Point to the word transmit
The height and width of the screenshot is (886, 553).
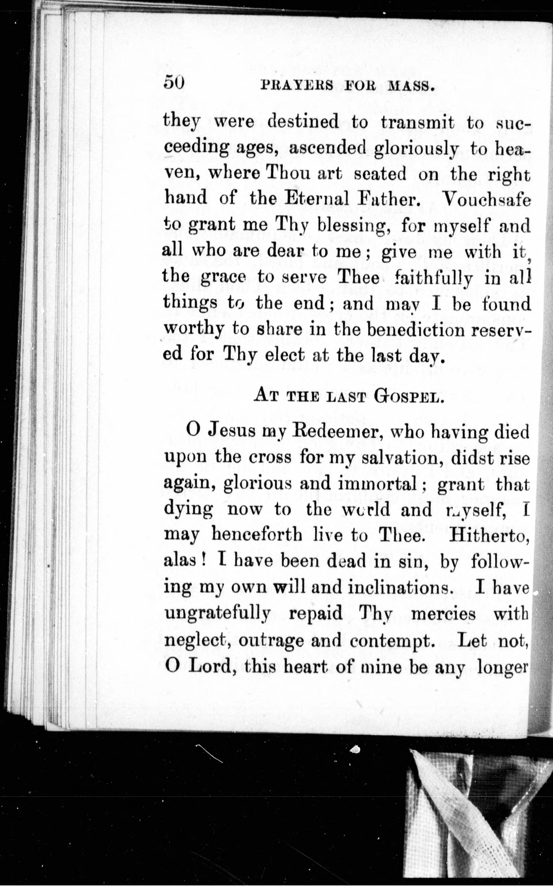tap(417, 122)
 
